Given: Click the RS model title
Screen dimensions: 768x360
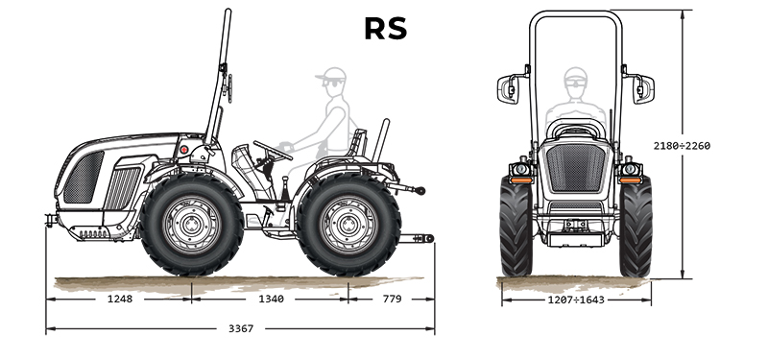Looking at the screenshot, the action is [x=386, y=29].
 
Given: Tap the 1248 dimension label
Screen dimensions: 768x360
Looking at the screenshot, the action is [x=120, y=299].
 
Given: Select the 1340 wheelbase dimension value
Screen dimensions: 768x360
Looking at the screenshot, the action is [x=271, y=299].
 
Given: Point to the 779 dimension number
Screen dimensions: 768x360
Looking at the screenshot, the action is [x=392, y=299].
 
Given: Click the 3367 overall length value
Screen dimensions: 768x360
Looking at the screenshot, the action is [x=241, y=328].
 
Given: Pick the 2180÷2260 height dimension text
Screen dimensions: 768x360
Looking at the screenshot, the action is [x=682, y=146].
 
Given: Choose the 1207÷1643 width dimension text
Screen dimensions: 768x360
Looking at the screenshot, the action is [x=576, y=300].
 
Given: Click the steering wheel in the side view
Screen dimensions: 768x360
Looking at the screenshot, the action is [x=273, y=150].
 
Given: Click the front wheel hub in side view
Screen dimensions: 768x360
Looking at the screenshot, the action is [x=191, y=225].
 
